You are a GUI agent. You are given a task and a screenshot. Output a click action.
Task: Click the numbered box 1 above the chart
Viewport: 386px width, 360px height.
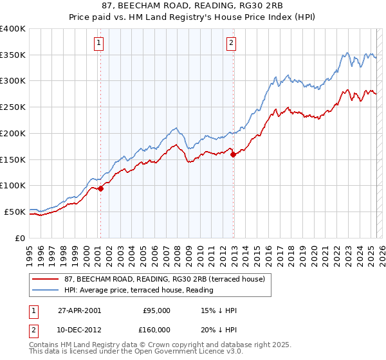100,44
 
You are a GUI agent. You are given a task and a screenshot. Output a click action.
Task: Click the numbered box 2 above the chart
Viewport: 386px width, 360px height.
231,44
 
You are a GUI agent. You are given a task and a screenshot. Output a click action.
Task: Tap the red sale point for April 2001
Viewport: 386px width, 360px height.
101,188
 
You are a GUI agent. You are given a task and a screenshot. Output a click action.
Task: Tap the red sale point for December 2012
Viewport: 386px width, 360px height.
233,154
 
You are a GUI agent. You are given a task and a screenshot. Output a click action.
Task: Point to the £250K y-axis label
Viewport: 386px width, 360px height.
13,107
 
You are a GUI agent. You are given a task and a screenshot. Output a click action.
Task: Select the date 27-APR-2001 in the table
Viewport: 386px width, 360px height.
78,310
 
